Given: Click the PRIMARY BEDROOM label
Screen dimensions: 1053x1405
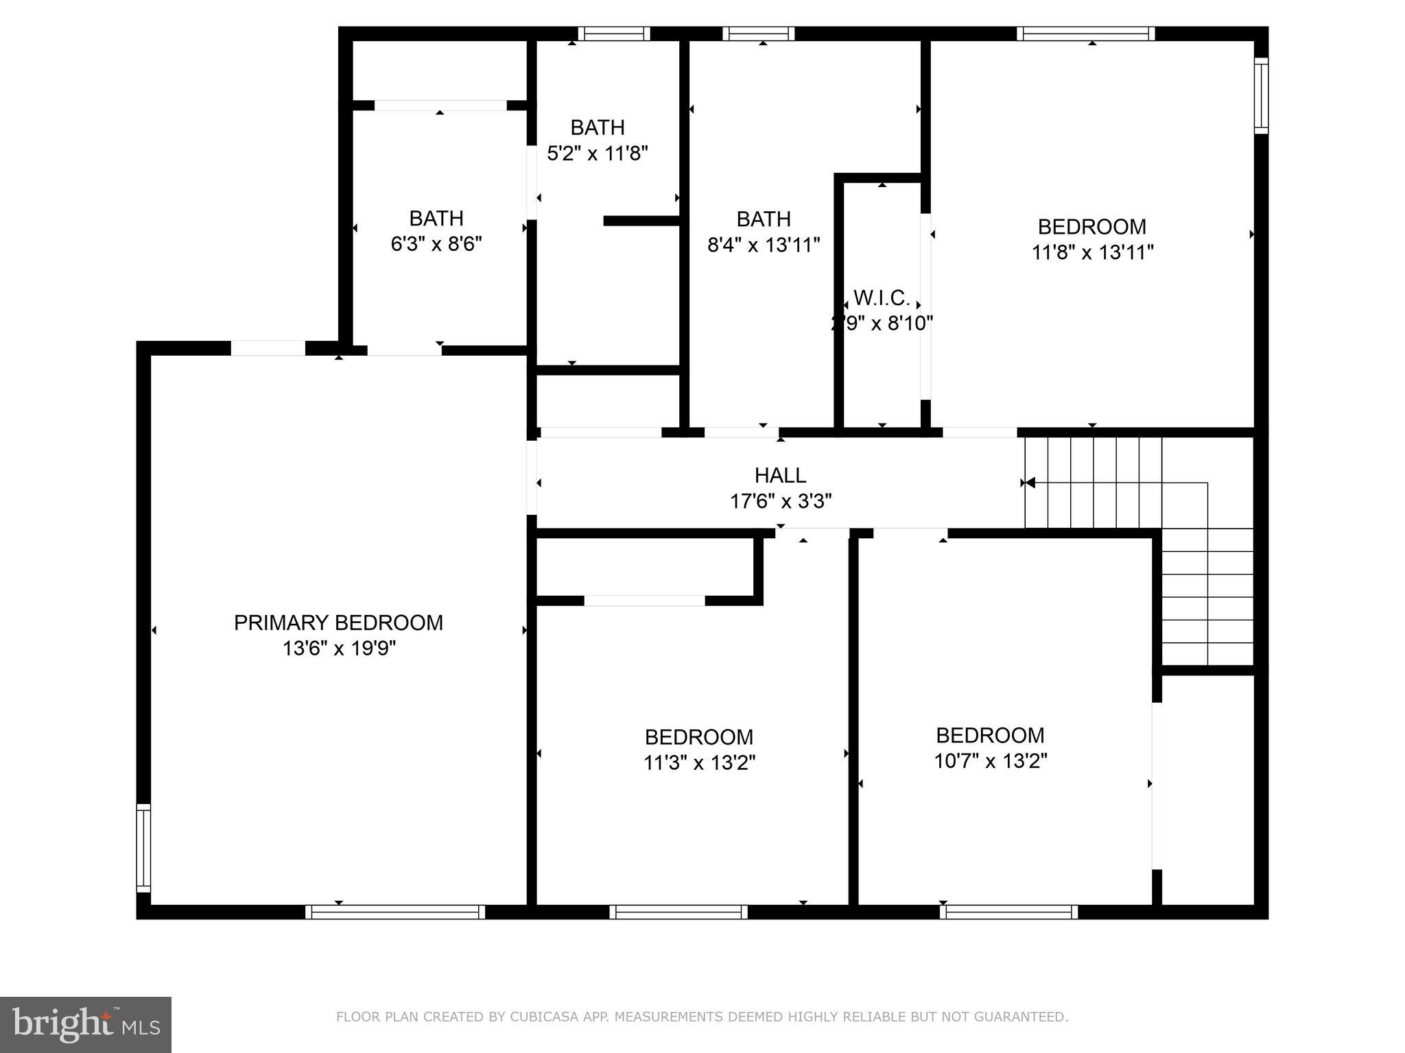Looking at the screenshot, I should coord(338,622).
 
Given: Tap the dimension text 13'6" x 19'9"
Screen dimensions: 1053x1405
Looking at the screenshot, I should coord(338,649).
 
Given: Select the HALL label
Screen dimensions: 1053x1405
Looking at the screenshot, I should coord(780,475).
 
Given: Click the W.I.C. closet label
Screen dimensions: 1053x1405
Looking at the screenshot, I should coord(882,298).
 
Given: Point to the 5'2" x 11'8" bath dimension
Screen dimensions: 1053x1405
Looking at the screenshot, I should coord(597,153).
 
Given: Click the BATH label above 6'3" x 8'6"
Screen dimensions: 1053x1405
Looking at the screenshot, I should coord(436,218).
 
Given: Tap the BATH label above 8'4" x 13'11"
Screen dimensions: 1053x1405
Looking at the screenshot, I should coord(764,219).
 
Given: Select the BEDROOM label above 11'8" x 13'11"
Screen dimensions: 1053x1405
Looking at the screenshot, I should coord(1091,226).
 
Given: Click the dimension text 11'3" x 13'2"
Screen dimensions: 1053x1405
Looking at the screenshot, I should coord(699,762).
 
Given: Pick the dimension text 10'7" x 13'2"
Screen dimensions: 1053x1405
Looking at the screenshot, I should coord(990,761).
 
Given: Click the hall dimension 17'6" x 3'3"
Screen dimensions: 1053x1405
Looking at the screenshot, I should coord(780,501).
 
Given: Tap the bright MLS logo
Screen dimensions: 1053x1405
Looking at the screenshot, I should coord(86,1025).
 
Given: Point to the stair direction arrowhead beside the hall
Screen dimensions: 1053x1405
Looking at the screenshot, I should coord(1029,483).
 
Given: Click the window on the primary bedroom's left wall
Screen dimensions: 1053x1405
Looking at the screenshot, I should coord(143,848).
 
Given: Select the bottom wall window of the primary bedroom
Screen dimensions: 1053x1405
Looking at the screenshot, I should coord(395,912).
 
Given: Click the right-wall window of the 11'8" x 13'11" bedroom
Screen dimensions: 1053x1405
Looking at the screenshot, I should coord(1261,95).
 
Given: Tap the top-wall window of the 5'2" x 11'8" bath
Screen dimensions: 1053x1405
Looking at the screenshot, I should coord(613,34).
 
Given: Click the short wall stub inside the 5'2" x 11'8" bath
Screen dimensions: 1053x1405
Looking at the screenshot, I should coord(641,221).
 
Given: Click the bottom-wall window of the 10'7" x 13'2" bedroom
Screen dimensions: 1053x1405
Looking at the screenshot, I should coord(1008,912).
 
